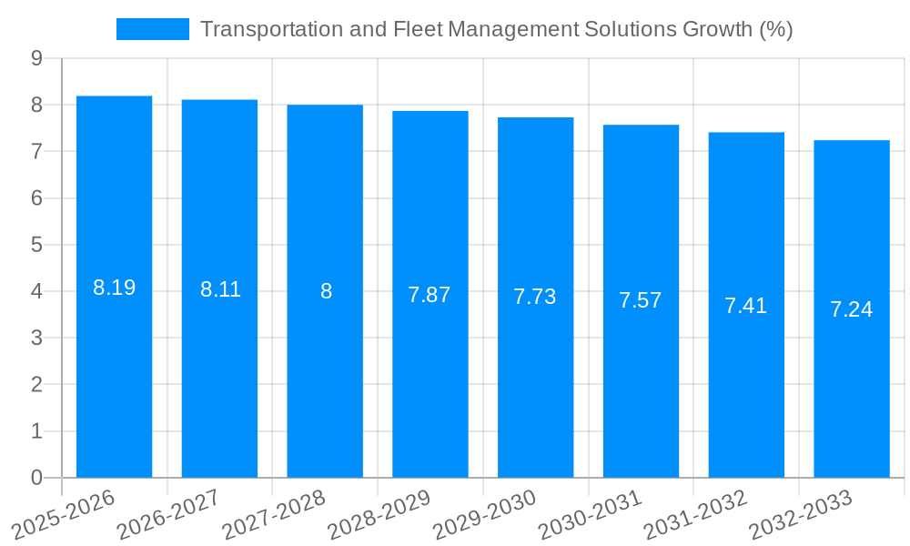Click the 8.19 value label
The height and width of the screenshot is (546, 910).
[114, 288]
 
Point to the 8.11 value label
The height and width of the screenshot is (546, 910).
[220, 290]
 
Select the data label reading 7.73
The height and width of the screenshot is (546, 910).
[534, 297]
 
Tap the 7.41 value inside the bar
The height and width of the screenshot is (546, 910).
[745, 306]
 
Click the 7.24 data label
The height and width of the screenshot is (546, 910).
[851, 309]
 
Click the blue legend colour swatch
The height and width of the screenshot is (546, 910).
[152, 29]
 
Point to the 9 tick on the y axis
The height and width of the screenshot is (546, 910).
[36, 58]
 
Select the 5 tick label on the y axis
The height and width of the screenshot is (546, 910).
[36, 245]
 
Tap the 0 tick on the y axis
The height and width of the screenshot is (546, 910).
[36, 478]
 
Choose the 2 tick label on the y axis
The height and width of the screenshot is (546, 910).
[36, 385]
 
